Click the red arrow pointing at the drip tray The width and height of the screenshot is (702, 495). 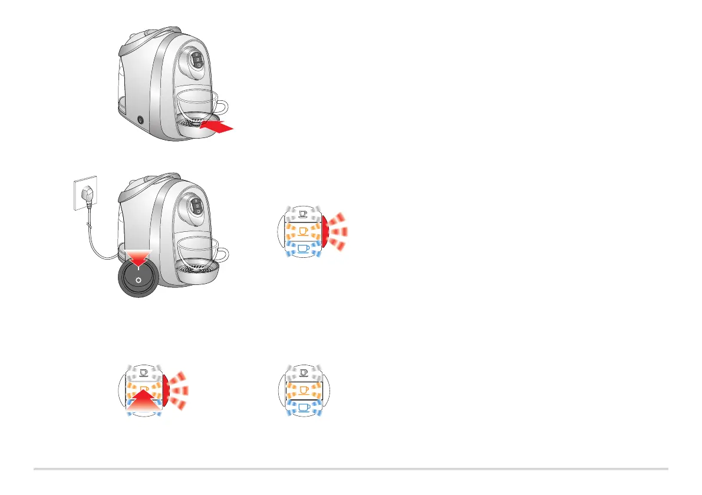pyautogui.click(x=220, y=126)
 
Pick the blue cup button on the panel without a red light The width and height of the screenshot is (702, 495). pyautogui.click(x=304, y=408)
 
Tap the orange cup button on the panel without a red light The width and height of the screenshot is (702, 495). pyautogui.click(x=304, y=390)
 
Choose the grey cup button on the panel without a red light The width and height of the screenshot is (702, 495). pyautogui.click(x=304, y=373)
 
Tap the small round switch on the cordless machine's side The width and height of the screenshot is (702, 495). pyautogui.click(x=140, y=120)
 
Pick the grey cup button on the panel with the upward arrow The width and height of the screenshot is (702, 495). pyautogui.click(x=144, y=373)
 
